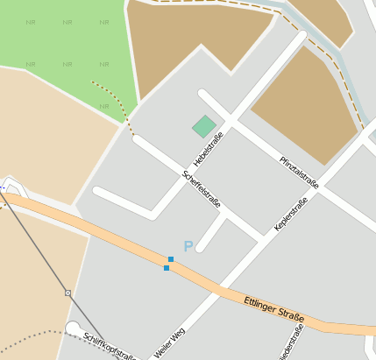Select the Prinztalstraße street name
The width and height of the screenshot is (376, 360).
tap(299, 171)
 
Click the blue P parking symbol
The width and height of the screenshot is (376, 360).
tap(188, 247)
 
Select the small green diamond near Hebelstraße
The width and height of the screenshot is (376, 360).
tap(204, 127)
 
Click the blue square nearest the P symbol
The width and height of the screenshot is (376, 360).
tap(170, 259)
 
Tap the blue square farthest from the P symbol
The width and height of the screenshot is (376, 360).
tap(167, 268)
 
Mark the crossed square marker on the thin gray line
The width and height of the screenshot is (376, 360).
tap(67, 292)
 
